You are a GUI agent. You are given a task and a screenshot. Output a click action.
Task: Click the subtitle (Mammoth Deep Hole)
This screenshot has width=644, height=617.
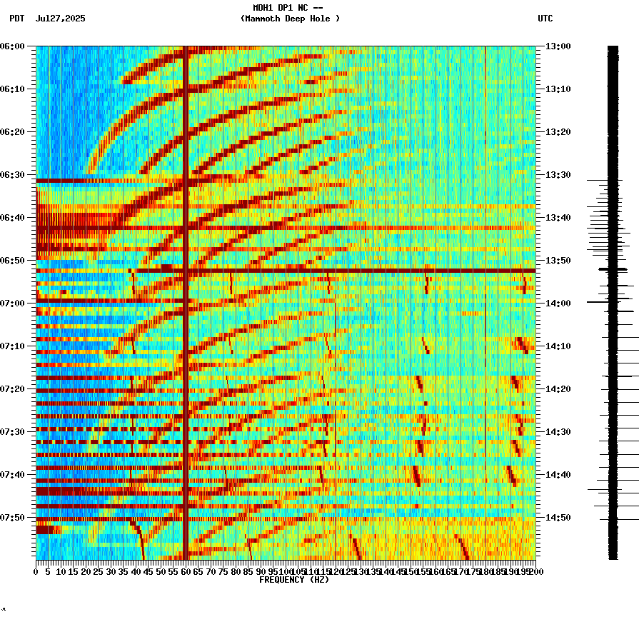290,19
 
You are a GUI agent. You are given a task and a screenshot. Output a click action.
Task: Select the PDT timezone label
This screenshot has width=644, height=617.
17,19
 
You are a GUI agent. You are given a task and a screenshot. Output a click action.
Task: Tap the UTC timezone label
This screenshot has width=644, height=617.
545,19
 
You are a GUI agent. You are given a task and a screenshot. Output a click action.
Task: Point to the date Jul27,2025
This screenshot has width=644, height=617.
60,19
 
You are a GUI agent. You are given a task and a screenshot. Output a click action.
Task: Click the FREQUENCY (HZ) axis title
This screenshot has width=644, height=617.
294,580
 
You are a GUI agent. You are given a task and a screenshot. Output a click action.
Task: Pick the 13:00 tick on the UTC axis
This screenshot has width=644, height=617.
538,46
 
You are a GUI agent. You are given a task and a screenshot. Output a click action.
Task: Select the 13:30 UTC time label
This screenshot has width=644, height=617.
558,175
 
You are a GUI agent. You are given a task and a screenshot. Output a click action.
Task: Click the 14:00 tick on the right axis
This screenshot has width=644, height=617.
538,304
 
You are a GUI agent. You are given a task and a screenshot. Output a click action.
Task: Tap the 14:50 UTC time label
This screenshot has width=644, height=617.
558,518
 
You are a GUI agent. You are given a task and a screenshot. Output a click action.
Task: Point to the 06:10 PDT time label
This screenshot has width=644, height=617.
13,89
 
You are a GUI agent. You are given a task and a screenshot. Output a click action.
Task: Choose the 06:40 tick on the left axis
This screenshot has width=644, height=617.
34,218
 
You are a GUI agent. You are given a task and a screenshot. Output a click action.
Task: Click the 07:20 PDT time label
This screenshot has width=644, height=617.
13,389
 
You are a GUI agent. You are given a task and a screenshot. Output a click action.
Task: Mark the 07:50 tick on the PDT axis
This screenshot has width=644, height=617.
34,518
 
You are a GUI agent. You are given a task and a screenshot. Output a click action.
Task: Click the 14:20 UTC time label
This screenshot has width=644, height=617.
558,389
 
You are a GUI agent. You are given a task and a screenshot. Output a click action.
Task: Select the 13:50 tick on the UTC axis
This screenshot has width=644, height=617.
538,261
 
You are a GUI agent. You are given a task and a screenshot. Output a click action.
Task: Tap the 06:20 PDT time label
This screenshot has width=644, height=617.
13,132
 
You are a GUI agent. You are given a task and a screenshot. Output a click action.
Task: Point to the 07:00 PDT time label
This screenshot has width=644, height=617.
13,304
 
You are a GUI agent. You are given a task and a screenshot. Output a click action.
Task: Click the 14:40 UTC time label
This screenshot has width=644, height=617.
558,475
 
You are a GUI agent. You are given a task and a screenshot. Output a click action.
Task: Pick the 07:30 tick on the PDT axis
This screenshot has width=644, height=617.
34,432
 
